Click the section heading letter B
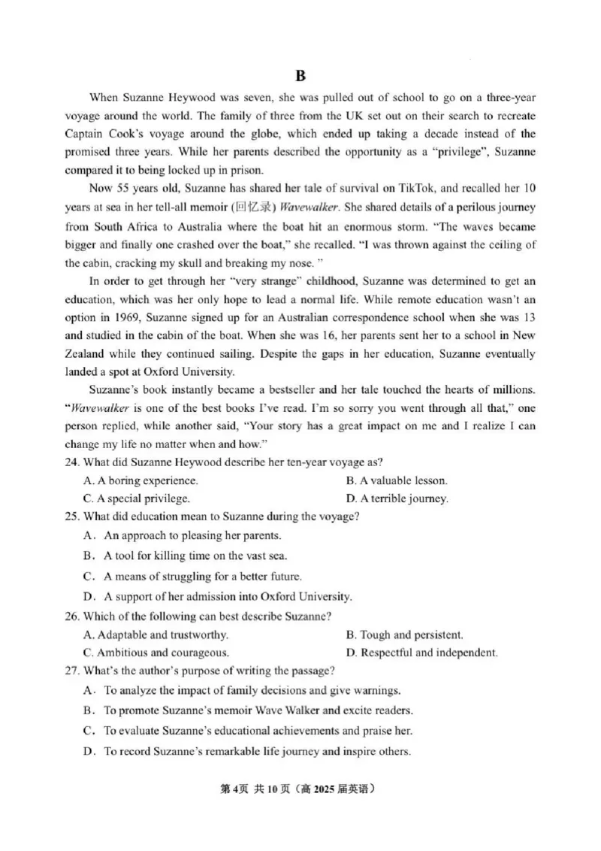point(300,75)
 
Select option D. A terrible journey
point(397,498)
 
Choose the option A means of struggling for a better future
point(202,577)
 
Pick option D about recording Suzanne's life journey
point(256,751)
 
